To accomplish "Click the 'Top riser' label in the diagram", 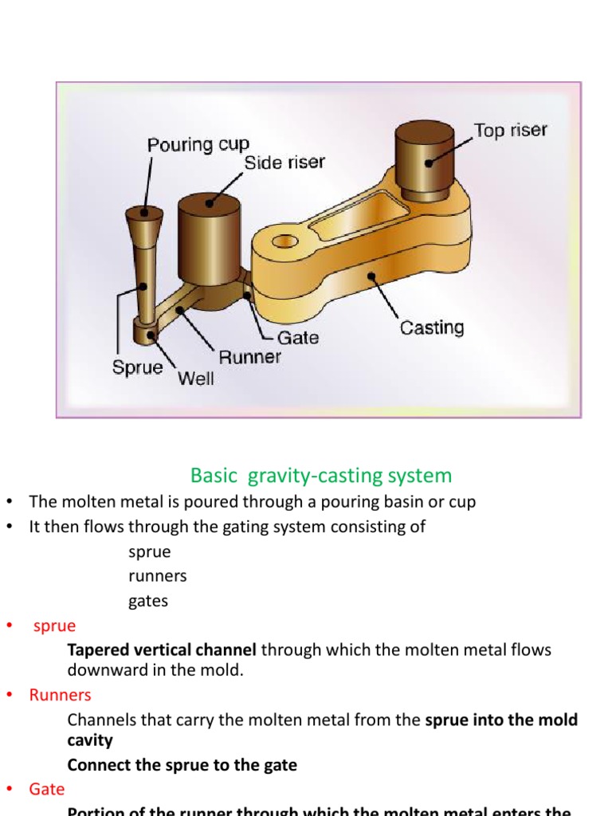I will pyautogui.click(x=510, y=130).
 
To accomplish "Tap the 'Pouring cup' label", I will pyautogui.click(x=198, y=145).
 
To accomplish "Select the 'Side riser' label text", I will pyautogui.click(x=284, y=163).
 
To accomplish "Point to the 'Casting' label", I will pyautogui.click(x=431, y=328).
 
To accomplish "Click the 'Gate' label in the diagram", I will pyautogui.click(x=298, y=337).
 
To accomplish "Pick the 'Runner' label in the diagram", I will pyautogui.click(x=249, y=357).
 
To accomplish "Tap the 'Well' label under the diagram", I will pyautogui.click(x=195, y=379).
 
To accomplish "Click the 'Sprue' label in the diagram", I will pyautogui.click(x=137, y=368).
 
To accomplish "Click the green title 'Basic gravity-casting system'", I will pyautogui.click(x=320, y=476).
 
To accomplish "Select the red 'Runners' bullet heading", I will pyautogui.click(x=61, y=695).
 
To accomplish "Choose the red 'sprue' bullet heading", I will pyautogui.click(x=54, y=626).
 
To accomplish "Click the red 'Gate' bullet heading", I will pyautogui.click(x=47, y=789).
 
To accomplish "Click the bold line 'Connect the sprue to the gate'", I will pyautogui.click(x=182, y=765).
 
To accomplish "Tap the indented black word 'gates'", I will pyautogui.click(x=148, y=601).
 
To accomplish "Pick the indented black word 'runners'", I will pyautogui.click(x=157, y=575).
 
